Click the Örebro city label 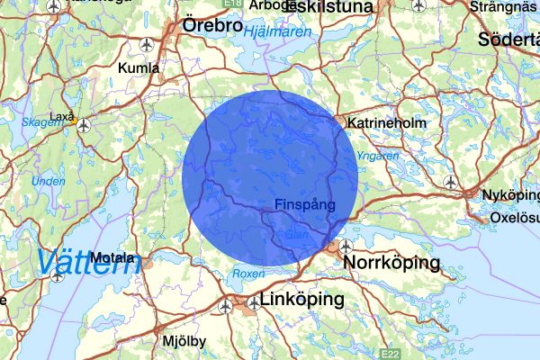[212, 26]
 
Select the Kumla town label [139, 67]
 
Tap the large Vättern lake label [88, 262]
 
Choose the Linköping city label [301, 299]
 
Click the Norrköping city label [391, 263]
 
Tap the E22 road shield [390, 355]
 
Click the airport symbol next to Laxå [84, 125]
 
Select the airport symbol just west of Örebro [147, 43]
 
